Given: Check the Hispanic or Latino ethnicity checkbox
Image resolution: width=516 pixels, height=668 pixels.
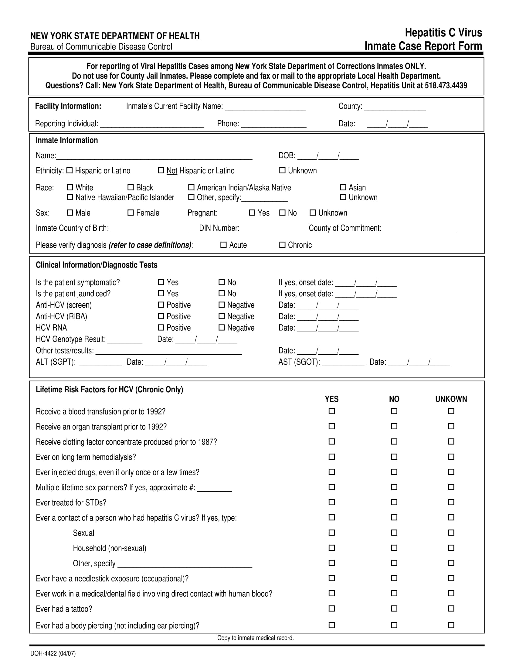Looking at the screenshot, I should pyautogui.click(x=70, y=171).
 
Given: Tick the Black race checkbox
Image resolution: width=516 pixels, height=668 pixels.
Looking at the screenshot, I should pyautogui.click(x=131, y=187).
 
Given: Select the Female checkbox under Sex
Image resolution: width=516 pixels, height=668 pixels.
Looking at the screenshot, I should pyautogui.click(x=131, y=213).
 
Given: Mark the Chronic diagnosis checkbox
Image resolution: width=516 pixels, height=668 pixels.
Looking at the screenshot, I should pyautogui.click(x=282, y=245).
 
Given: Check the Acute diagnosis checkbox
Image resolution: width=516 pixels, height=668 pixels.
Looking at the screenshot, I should pyautogui.click(x=223, y=245).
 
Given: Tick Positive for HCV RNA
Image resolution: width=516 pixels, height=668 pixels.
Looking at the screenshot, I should pyautogui.click(x=161, y=328).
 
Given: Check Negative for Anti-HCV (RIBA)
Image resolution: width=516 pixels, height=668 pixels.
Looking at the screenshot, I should pyautogui.click(x=222, y=316).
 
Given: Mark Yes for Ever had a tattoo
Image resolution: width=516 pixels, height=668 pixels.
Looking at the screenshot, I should pyautogui.click(x=332, y=609).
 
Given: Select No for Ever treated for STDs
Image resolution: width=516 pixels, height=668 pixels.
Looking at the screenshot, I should pyautogui.click(x=394, y=502).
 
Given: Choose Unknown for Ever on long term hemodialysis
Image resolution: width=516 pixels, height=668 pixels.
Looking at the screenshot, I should pyautogui.click(x=451, y=457).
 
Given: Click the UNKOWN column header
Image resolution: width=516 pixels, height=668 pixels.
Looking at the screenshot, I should pyautogui.click(x=451, y=399).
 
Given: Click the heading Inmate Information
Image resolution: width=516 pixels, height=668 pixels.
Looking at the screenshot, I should pyautogui.click(x=67, y=140).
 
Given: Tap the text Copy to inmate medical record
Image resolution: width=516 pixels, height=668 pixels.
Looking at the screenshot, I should pyautogui.click(x=255, y=638).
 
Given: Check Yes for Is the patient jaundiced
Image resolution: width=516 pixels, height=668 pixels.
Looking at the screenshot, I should pyautogui.click(x=161, y=294).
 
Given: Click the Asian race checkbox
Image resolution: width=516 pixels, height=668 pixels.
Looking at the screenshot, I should pyautogui.click(x=343, y=187).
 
